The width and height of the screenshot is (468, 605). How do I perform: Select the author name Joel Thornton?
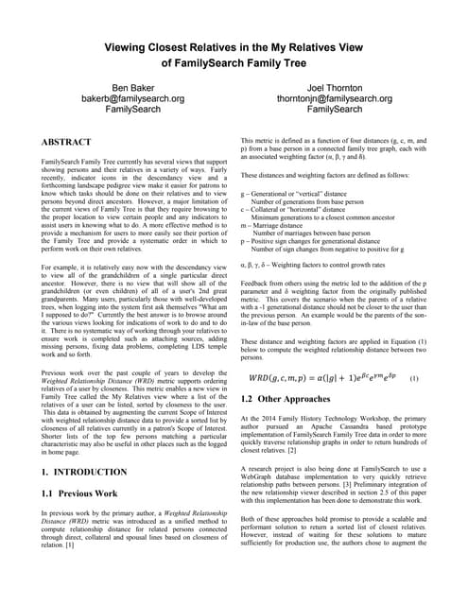[335, 87]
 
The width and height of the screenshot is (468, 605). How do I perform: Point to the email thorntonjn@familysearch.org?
[335, 98]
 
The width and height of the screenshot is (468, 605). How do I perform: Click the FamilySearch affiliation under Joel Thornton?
[335, 110]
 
